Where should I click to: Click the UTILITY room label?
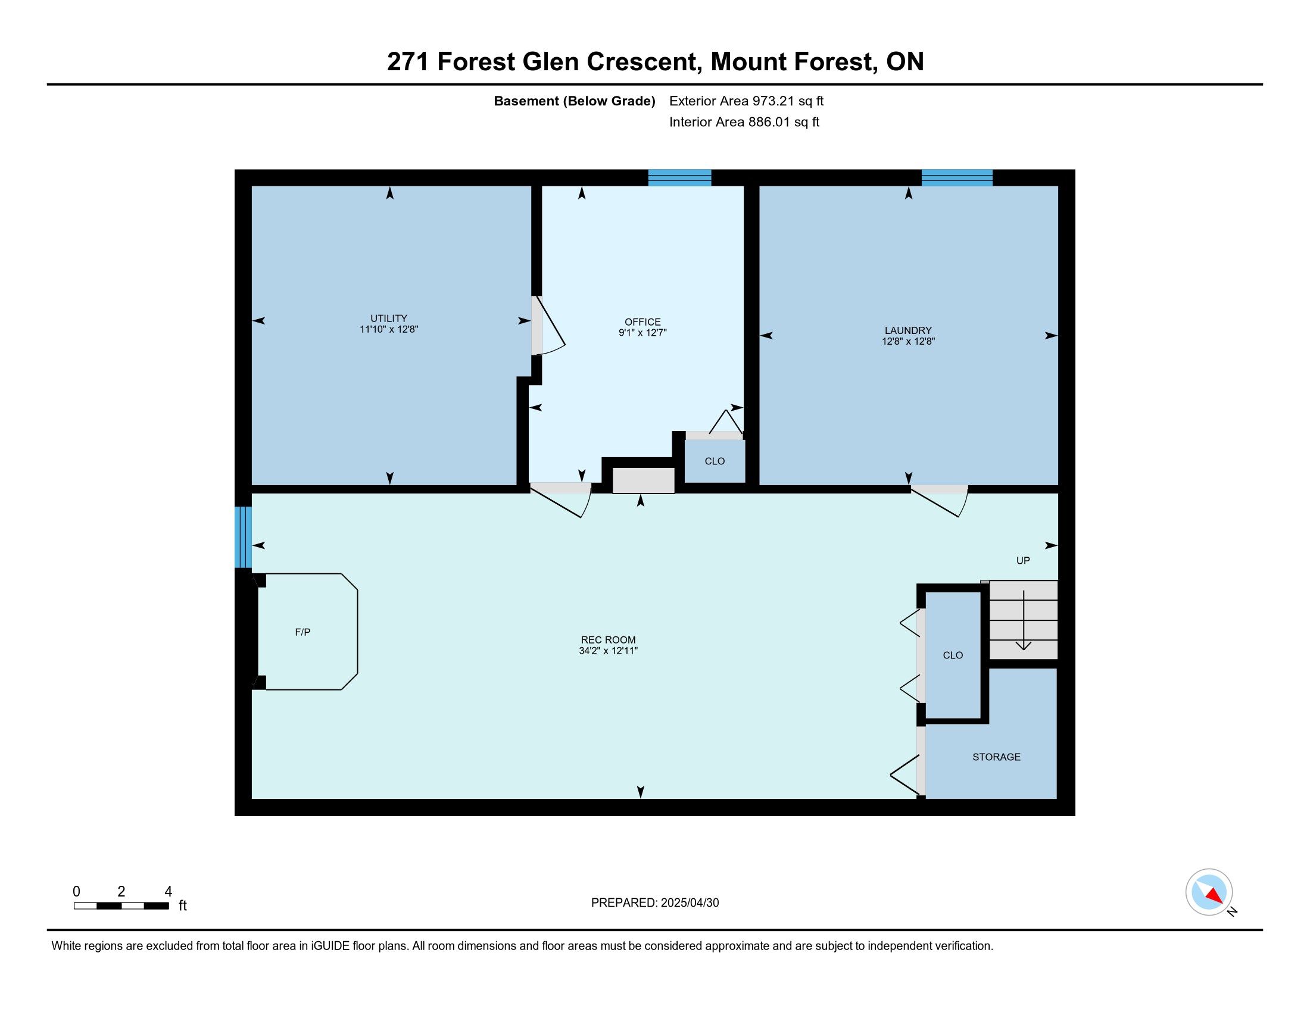pos(389,318)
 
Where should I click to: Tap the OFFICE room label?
pos(642,322)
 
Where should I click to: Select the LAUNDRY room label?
pos(908,330)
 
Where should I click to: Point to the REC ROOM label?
pos(608,640)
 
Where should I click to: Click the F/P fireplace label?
pos(302,632)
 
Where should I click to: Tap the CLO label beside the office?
pos(715,461)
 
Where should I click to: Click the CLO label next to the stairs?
pos(953,655)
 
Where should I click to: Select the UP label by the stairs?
pos(1022,561)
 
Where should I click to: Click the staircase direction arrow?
pos(1023,620)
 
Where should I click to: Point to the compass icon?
pos(1209,892)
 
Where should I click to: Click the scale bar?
pos(121,905)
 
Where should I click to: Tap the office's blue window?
pos(679,177)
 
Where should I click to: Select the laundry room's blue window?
pos(957,177)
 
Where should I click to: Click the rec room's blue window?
pos(243,537)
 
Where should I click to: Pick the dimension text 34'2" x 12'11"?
pos(608,651)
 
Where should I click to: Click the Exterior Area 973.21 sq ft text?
pos(746,101)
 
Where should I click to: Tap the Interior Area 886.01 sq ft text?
pos(744,121)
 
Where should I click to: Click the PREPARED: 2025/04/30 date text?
pos(654,903)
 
